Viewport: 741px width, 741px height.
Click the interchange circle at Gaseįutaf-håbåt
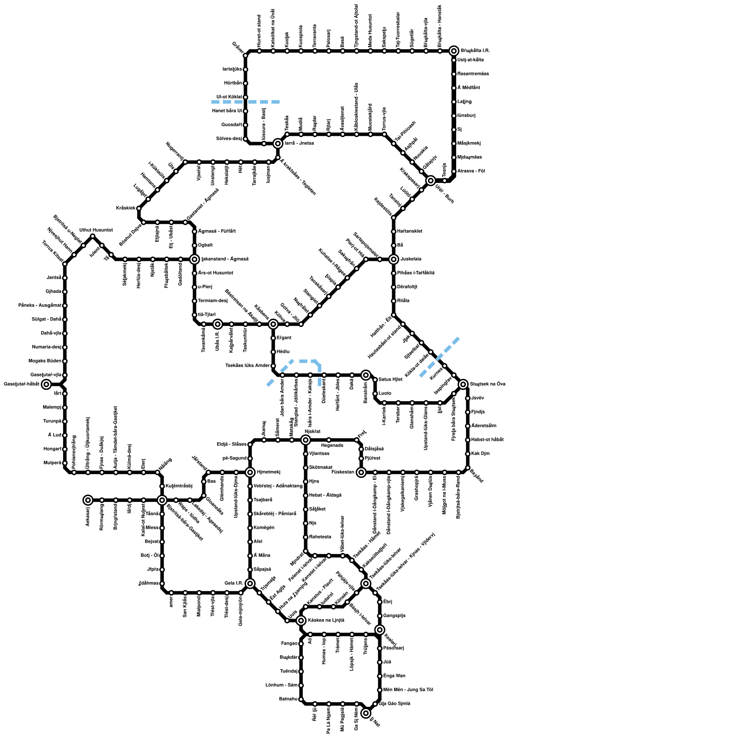point(46,384)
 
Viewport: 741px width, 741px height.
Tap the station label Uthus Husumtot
point(96,230)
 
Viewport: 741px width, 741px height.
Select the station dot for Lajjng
point(454,102)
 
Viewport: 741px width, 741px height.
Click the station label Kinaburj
point(466,116)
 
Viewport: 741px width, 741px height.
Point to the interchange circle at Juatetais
point(394,259)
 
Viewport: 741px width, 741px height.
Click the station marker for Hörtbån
point(245,83)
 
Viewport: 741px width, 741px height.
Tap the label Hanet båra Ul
point(226,111)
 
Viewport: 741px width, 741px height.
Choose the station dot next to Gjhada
point(65,292)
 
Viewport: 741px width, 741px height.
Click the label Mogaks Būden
point(45,361)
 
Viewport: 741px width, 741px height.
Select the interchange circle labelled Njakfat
point(306,440)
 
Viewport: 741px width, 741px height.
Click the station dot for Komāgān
point(250,528)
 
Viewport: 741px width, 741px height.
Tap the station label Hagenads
point(332,446)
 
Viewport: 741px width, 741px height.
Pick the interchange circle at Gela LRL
point(250,584)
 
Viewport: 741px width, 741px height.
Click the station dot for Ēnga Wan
point(380,676)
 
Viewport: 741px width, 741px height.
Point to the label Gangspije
point(395,616)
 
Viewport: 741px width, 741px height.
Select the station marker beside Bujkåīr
point(301,658)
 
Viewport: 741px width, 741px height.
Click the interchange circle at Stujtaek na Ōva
point(463,384)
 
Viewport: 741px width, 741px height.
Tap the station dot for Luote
point(375,394)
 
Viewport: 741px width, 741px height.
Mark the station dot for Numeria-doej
point(65,347)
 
